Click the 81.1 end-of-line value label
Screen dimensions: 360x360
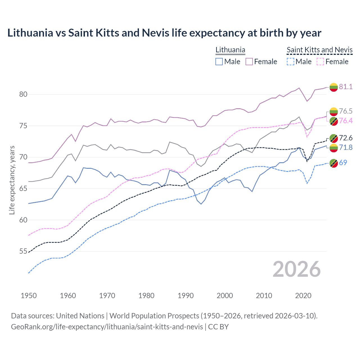click(346, 87)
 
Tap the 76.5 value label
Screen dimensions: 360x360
click(346, 111)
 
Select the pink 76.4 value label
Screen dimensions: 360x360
click(346, 121)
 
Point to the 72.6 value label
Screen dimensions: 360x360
click(346, 138)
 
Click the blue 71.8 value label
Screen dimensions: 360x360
click(346, 147)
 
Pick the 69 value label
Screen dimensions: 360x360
click(343, 163)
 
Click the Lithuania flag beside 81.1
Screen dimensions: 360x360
click(334, 87)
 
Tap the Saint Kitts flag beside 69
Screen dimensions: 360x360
click(334, 163)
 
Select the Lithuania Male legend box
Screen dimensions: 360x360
click(219, 62)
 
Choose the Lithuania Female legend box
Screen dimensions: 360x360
click(249, 62)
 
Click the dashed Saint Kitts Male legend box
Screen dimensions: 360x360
click(291, 62)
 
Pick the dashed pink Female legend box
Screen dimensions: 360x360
click(321, 62)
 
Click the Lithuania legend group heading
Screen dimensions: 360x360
click(230, 50)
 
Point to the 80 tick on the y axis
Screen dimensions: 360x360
click(23, 94)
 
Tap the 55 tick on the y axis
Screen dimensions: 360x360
click(23, 251)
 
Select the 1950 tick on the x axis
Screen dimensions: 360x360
click(29, 296)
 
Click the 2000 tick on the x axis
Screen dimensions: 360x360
click(225, 296)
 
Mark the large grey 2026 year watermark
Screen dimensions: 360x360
click(297, 269)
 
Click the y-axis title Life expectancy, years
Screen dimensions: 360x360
click(12, 180)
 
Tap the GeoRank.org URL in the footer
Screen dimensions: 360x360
click(107, 327)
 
